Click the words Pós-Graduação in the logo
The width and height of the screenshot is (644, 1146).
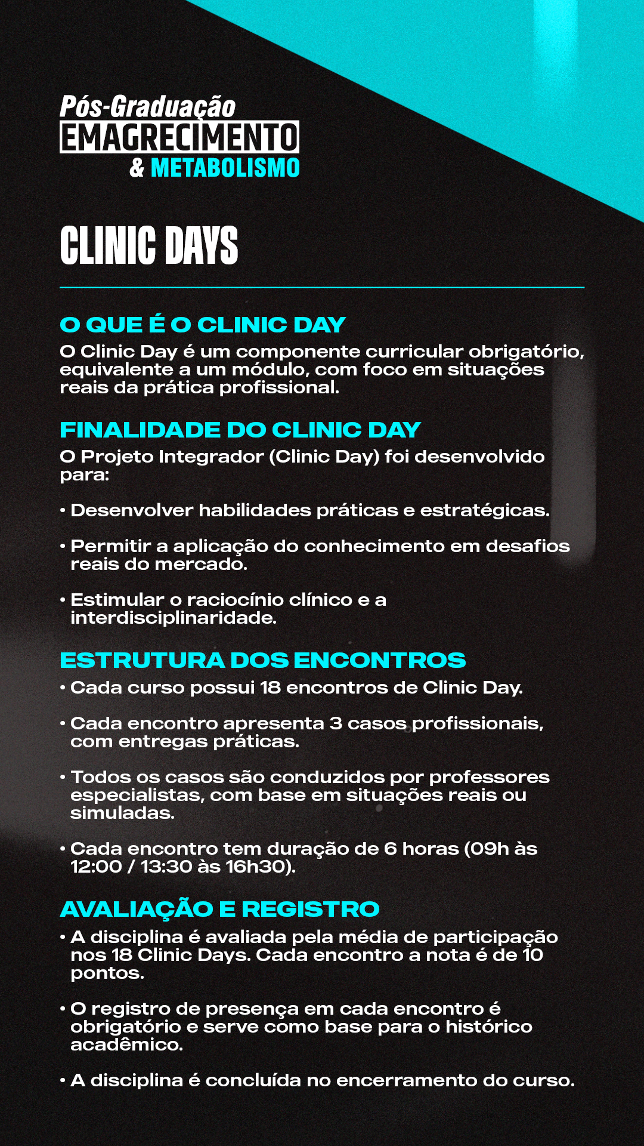[x=148, y=107]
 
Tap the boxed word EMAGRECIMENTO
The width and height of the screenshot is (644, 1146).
[x=179, y=137]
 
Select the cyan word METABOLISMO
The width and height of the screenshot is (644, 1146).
[x=225, y=168]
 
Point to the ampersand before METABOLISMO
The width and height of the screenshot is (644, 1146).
[x=137, y=168]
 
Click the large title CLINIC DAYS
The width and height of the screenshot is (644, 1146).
[x=149, y=245]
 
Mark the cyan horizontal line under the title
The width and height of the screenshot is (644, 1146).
[x=322, y=288]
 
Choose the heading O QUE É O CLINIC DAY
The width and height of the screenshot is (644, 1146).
[x=203, y=325]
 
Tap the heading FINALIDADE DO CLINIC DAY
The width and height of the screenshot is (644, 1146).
[x=240, y=430]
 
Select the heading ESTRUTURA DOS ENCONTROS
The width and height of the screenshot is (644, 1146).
[x=263, y=660]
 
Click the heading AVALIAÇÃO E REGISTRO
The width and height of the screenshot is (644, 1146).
[x=220, y=909]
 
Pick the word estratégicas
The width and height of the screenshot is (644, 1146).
[x=484, y=510]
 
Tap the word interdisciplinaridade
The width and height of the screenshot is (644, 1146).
[x=173, y=618]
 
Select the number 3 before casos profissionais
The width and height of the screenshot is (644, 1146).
[x=336, y=723]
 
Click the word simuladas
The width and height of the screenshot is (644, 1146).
[x=122, y=813]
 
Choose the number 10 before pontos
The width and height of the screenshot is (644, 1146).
[x=532, y=955]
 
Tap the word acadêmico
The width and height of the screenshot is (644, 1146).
[x=126, y=1045]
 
